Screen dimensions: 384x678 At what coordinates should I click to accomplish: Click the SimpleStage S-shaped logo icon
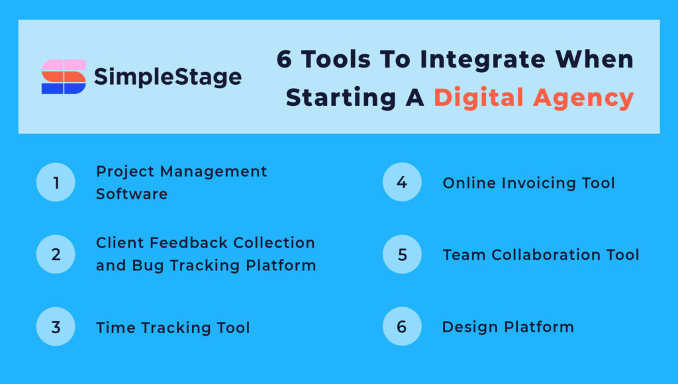tap(64, 77)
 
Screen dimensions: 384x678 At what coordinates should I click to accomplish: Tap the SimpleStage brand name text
tap(168, 77)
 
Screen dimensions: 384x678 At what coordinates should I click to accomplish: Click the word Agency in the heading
tap(584, 98)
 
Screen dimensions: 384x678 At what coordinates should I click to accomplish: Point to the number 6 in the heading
tap(284, 60)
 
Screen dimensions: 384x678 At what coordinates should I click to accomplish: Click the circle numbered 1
tap(56, 182)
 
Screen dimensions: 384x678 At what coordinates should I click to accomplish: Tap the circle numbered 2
tap(56, 254)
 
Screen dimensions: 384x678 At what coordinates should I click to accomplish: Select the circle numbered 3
tap(56, 326)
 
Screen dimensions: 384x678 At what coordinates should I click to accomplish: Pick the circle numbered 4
tap(402, 182)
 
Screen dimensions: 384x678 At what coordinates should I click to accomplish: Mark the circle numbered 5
tap(402, 254)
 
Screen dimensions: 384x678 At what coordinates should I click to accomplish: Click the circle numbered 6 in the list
tap(402, 326)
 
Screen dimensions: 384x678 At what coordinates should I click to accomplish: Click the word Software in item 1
tap(132, 194)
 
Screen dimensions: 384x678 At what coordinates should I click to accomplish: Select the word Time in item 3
tap(113, 328)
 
